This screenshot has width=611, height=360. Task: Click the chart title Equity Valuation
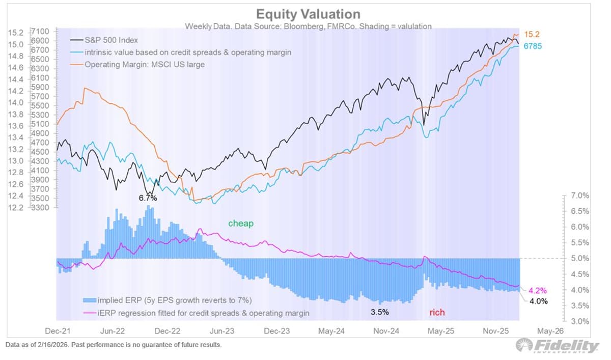(x=308, y=14)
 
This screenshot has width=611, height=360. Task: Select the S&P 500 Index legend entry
(x=111, y=40)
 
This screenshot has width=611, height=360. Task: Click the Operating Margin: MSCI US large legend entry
(x=145, y=64)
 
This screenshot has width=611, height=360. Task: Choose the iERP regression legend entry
(x=197, y=313)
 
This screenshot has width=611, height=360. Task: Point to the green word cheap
(x=240, y=224)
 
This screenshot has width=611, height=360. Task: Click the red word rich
(x=437, y=312)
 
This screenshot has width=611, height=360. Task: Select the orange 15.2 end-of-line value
(x=533, y=35)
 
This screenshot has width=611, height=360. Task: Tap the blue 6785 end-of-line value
(x=533, y=46)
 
